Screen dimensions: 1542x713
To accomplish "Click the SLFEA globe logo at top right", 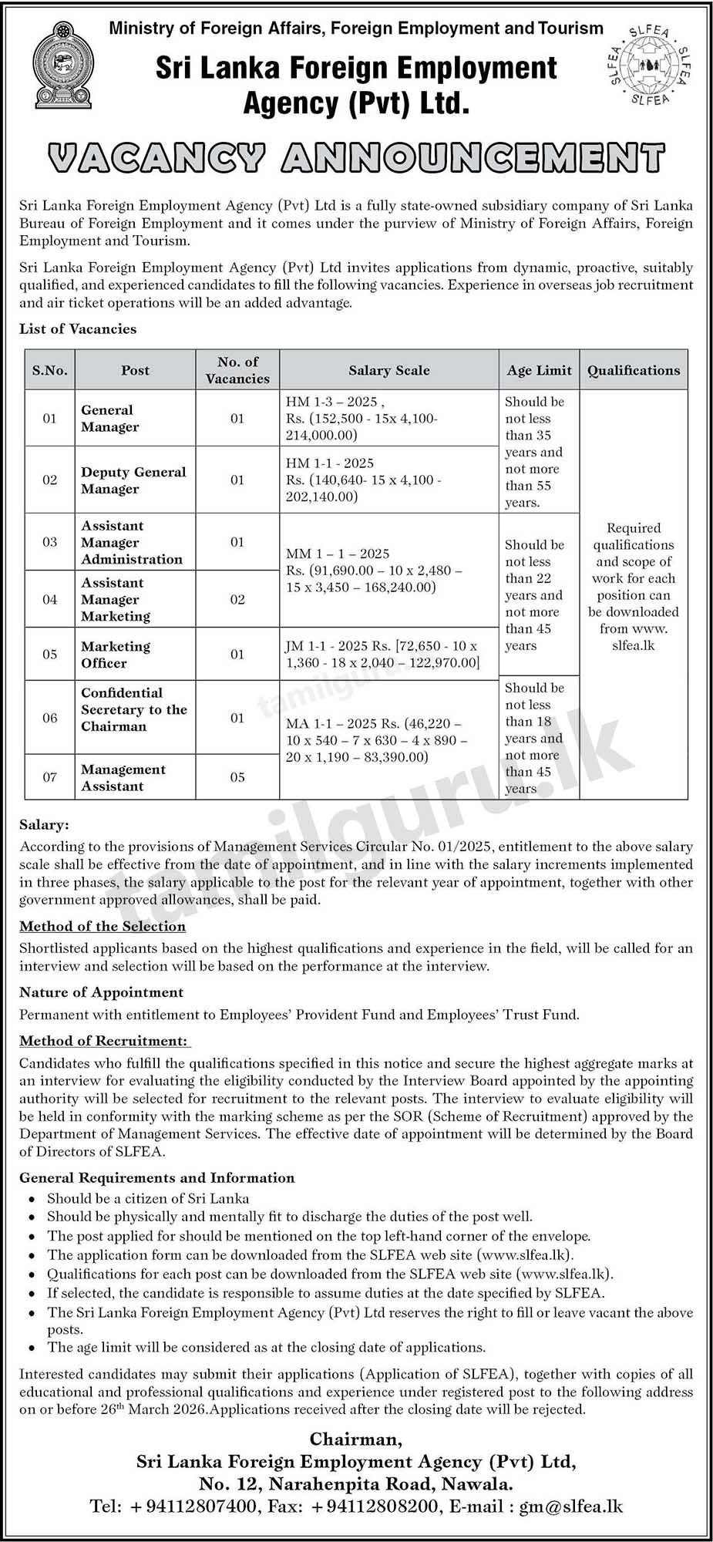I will click(x=649, y=65).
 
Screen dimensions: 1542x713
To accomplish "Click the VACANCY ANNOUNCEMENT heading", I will click(x=356, y=158).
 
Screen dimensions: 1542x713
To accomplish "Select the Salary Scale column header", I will click(x=388, y=370).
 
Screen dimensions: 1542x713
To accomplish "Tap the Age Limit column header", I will click(x=539, y=370).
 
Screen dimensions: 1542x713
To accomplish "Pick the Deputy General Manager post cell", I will click(x=133, y=480).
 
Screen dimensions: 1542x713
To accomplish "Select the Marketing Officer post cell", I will click(x=116, y=655).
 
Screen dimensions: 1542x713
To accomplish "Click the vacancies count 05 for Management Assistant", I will click(x=237, y=777).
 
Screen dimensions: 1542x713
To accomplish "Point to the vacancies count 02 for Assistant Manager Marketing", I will click(x=237, y=599).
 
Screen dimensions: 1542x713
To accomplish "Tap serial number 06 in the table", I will click(x=50, y=718).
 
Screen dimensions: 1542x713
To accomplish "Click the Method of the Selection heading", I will click(x=103, y=926).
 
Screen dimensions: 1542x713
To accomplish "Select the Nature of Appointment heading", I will click(x=102, y=992).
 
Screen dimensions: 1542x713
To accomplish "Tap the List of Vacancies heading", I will click(x=78, y=329).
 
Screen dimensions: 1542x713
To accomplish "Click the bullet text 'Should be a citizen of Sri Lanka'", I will click(x=148, y=1198).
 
